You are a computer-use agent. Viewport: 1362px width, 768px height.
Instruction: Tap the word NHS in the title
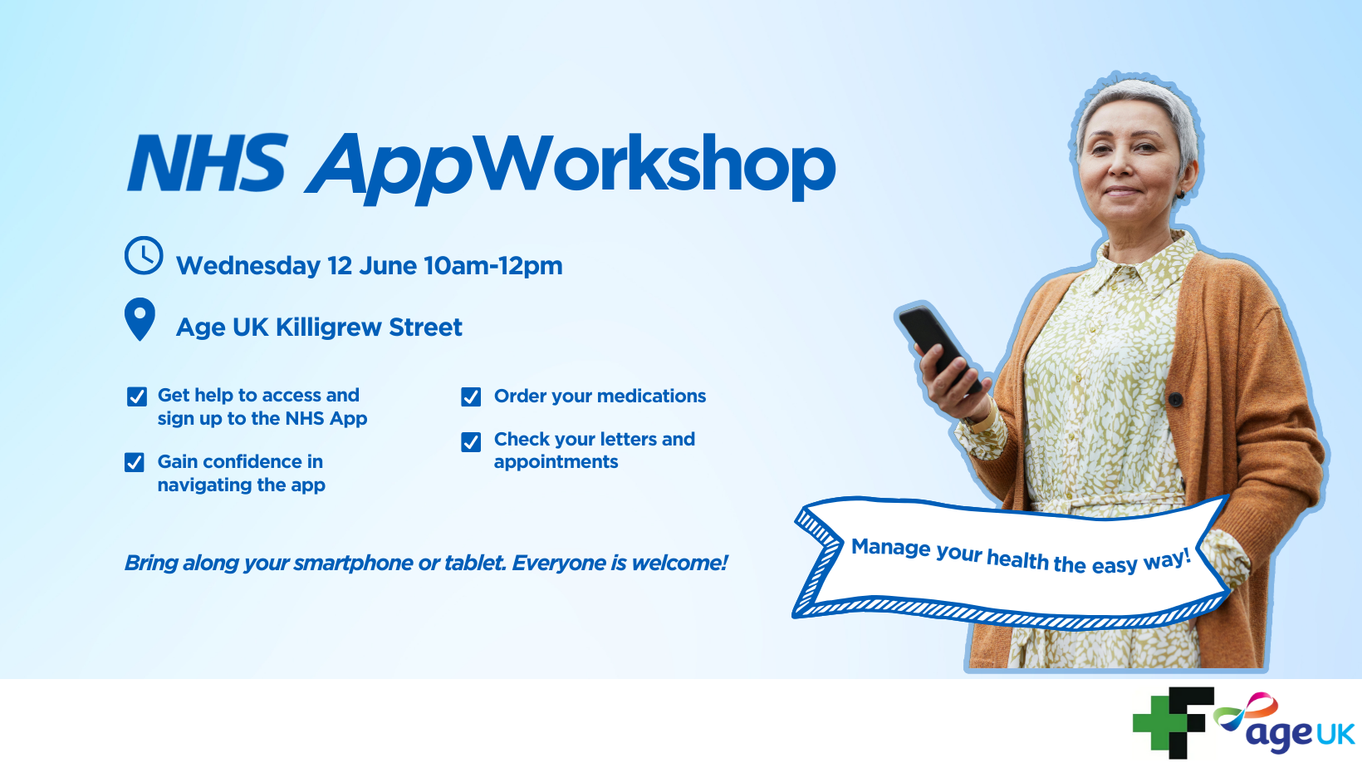click(207, 163)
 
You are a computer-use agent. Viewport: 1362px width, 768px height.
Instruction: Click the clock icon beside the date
click(144, 256)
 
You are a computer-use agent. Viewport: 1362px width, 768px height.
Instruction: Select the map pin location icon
click(140, 319)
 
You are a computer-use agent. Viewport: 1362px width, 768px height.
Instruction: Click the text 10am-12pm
click(493, 266)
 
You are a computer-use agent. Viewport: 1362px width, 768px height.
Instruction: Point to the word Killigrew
click(328, 328)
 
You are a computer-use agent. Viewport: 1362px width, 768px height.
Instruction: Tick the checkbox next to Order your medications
click(471, 396)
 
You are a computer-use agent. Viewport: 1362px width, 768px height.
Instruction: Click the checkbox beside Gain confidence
click(135, 462)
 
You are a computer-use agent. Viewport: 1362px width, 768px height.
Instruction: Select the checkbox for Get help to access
click(137, 396)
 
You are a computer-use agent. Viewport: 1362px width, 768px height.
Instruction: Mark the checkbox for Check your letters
click(471, 442)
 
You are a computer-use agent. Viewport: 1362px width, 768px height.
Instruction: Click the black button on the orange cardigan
click(1175, 400)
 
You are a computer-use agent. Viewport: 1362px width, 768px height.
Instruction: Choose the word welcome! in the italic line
click(680, 563)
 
